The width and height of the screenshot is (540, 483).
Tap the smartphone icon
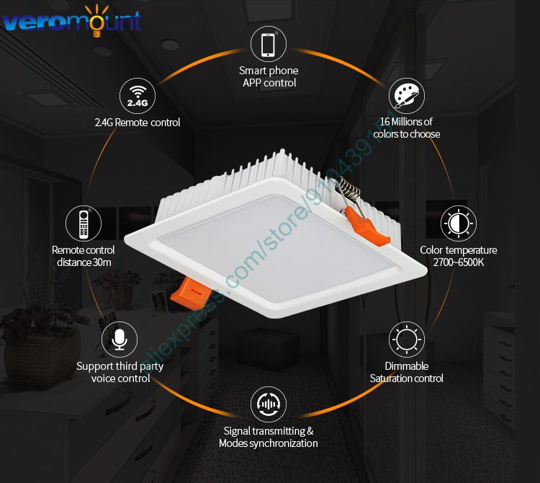coord(268,44)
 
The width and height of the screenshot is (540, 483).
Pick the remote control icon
coord(83,223)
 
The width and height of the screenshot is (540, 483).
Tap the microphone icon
coord(120,339)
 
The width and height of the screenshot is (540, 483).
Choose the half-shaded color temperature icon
coord(459,223)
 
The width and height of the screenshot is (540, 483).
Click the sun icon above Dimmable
coord(407,339)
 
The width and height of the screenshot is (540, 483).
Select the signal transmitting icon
coord(268,404)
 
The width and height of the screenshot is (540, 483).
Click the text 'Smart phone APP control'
coord(269,77)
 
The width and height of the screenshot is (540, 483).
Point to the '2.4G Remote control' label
coord(138,123)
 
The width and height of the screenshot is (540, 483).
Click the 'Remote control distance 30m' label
coord(83,256)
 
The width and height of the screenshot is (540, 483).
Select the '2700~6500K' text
coord(459,262)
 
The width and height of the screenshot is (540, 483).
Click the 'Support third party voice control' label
coord(120,372)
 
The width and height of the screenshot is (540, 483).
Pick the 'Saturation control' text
coord(407,378)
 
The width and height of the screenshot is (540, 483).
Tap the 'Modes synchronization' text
coord(269,443)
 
